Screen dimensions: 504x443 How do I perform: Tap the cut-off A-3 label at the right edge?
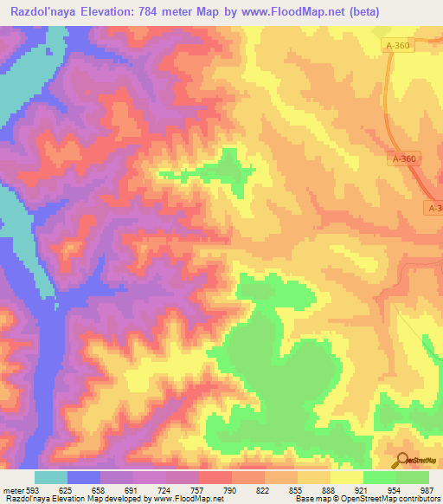(433, 208)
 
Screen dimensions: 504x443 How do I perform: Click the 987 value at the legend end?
(427, 489)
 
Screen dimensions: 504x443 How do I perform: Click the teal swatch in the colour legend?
(51, 477)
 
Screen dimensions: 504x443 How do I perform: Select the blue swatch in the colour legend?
(84, 477)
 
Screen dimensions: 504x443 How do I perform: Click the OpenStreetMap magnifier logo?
(402, 461)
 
